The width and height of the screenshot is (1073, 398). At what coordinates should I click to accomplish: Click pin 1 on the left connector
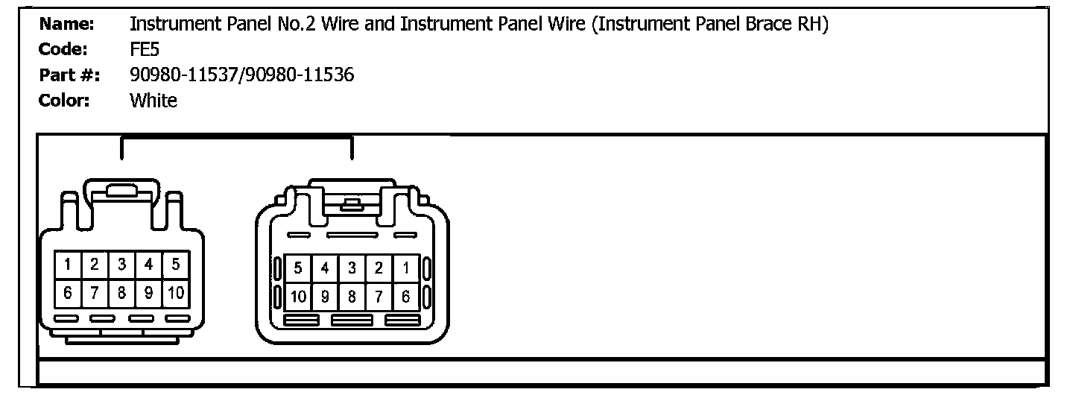pyautogui.click(x=68, y=264)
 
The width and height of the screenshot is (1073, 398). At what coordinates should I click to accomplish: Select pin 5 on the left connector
pyautogui.click(x=176, y=264)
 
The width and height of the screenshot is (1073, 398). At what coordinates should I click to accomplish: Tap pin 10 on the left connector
pyautogui.click(x=176, y=292)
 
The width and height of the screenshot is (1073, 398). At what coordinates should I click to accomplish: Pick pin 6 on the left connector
pyautogui.click(x=68, y=292)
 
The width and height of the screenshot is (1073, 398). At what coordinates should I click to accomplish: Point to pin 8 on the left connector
pyautogui.click(x=121, y=292)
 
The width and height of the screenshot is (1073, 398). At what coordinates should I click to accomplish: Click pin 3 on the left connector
pyautogui.click(x=121, y=264)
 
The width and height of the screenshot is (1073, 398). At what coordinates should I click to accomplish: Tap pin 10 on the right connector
pyautogui.click(x=298, y=297)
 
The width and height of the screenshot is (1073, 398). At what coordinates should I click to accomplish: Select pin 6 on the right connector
pyautogui.click(x=405, y=297)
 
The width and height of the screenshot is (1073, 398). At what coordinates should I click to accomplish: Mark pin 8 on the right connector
pyautogui.click(x=352, y=297)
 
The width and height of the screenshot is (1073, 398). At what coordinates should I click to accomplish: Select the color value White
pyautogui.click(x=153, y=101)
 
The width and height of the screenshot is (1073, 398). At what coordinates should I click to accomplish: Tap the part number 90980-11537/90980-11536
pyautogui.click(x=241, y=75)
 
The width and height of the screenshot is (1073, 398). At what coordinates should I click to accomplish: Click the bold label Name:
pyautogui.click(x=66, y=25)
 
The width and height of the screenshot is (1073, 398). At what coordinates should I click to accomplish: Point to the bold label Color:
pyautogui.click(x=64, y=101)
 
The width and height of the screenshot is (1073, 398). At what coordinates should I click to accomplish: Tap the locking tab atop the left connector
pyautogui.click(x=121, y=191)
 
